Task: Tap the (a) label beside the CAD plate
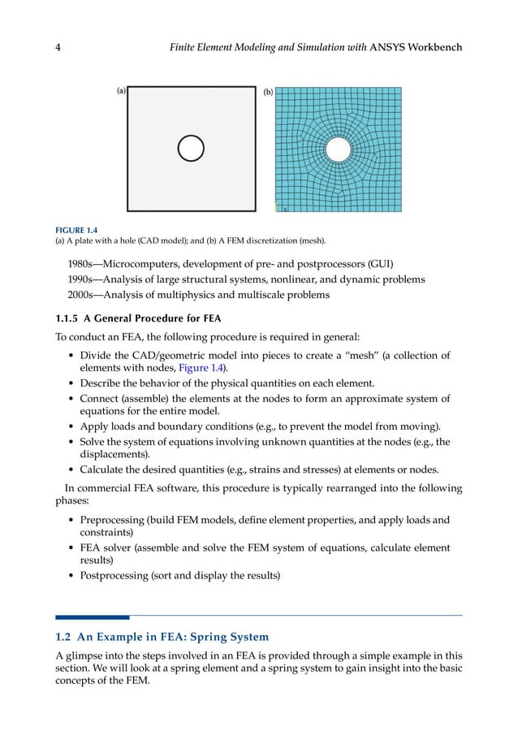tap(120, 92)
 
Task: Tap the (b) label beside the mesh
tap(267, 93)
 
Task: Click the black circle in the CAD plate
tap(191, 149)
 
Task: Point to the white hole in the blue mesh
tap(339, 149)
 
